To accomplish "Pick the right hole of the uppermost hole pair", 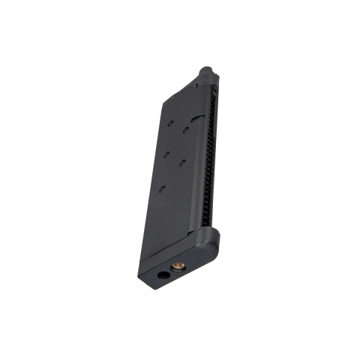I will [185, 130].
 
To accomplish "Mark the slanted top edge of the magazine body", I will [181, 93].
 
